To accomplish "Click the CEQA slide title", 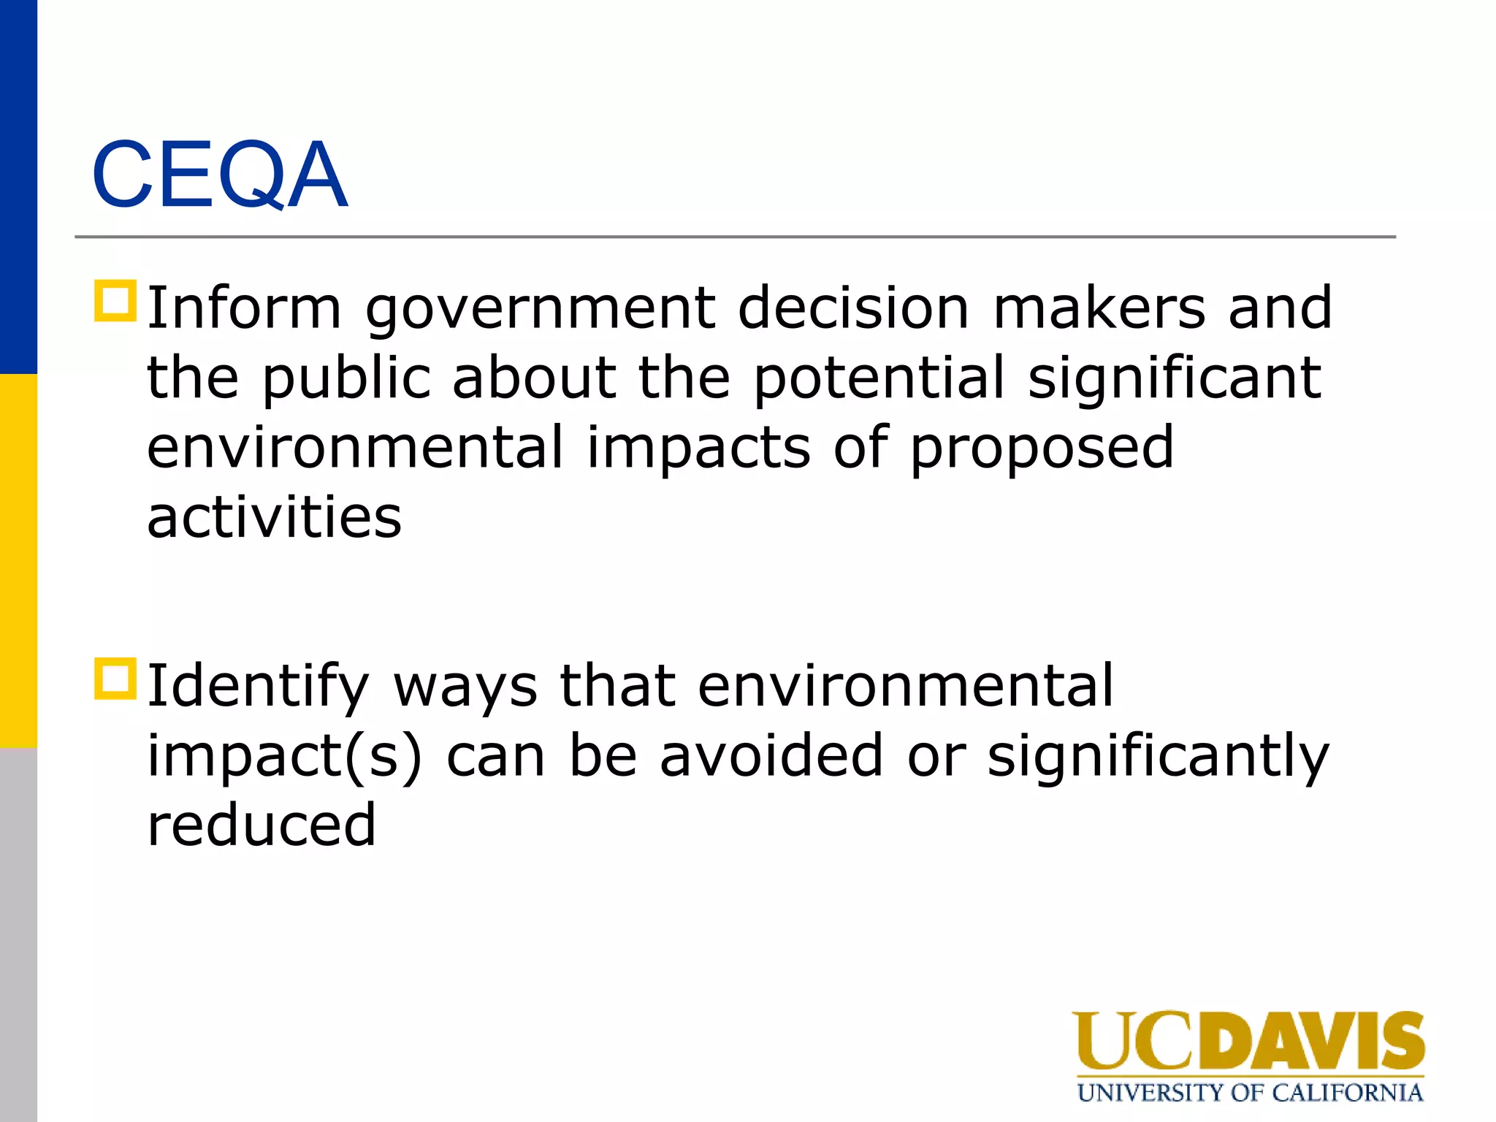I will pyautogui.click(x=219, y=175).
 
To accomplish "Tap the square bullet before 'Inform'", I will pyautogui.click(x=115, y=301).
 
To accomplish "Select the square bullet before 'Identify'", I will pyautogui.click(x=115, y=679).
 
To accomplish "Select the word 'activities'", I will pyautogui.click(x=274, y=517).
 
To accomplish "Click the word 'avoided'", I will pyautogui.click(x=771, y=755).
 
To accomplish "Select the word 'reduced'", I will pyautogui.click(x=262, y=825).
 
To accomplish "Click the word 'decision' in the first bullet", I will pyautogui.click(x=853, y=308).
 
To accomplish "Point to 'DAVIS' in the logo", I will pyautogui.click(x=1311, y=1042).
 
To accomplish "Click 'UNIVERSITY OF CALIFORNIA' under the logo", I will pyautogui.click(x=1250, y=1093).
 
